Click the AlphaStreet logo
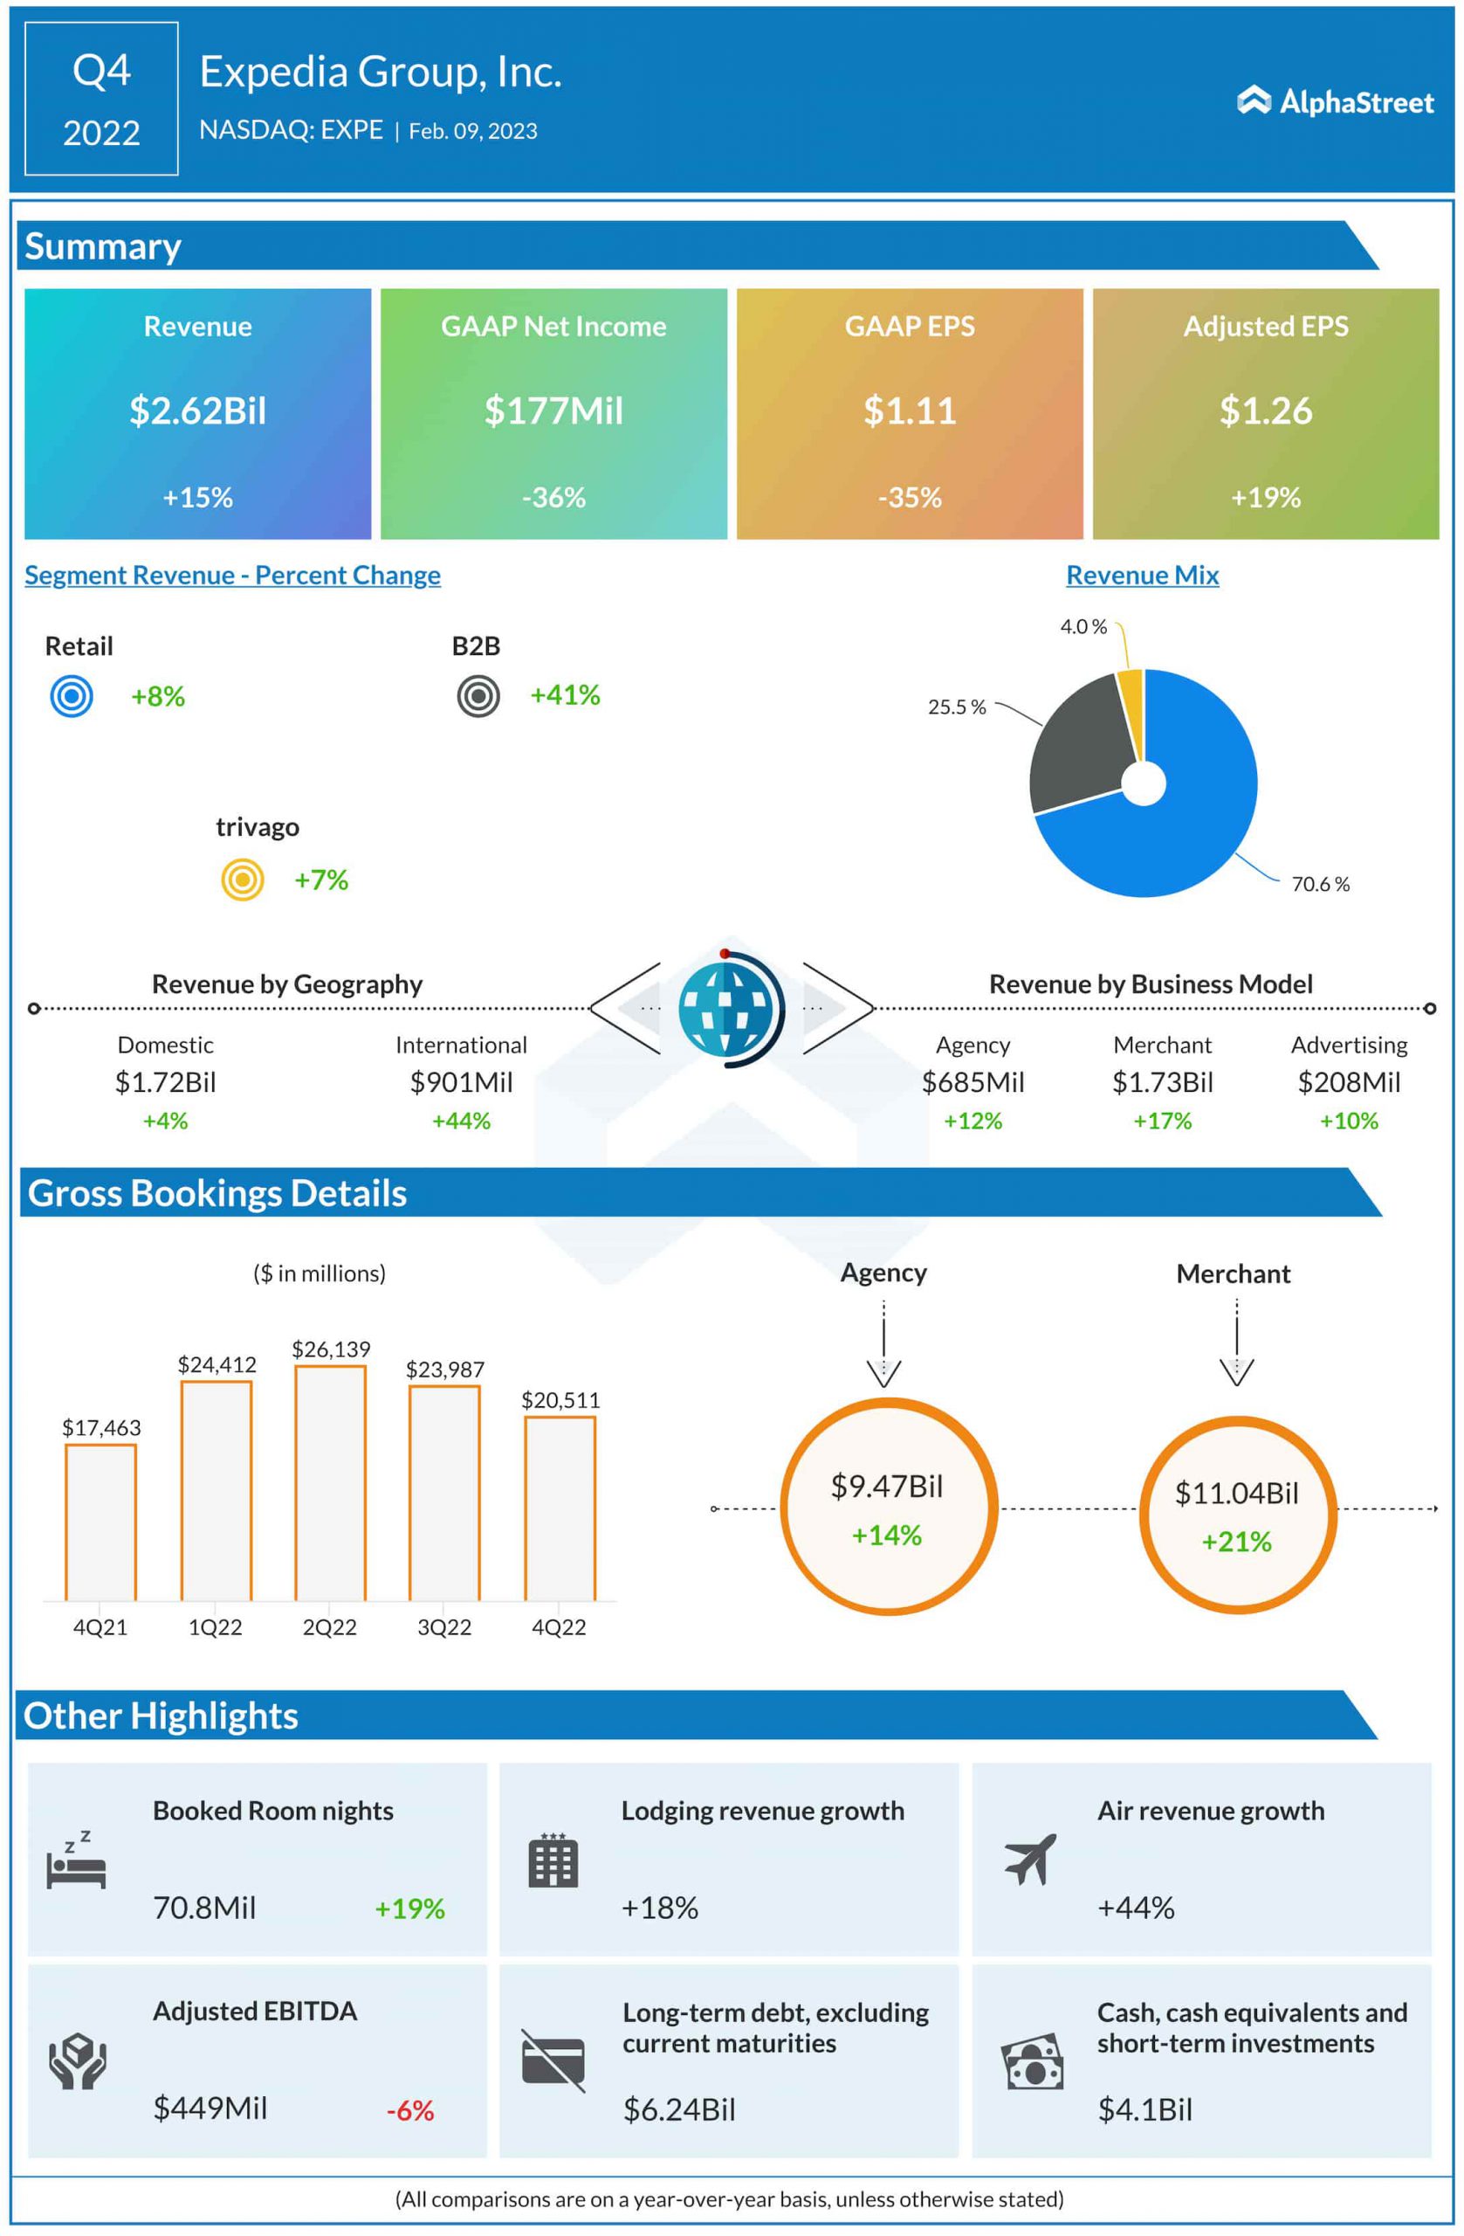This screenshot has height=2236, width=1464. (1335, 101)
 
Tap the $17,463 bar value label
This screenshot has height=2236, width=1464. (101, 1428)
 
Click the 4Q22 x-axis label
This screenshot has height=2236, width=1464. (559, 1627)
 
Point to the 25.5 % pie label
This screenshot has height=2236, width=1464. (957, 707)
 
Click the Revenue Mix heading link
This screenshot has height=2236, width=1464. (1142, 575)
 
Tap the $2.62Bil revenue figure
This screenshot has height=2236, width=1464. (198, 411)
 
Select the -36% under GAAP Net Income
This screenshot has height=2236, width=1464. (554, 497)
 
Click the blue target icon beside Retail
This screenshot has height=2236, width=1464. (72, 697)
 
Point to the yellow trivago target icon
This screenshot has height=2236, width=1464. (243, 880)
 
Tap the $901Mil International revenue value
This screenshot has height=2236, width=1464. (461, 1082)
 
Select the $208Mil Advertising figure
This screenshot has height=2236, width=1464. (1349, 1082)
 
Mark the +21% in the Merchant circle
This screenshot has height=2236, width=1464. (1237, 1542)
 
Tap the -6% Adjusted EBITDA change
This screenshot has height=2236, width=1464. (410, 2110)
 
